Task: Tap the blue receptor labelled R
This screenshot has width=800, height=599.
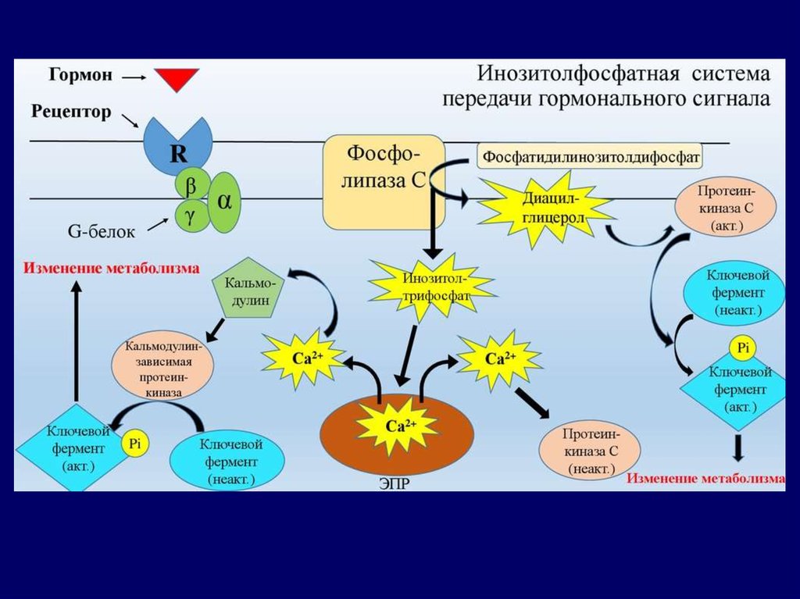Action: pyautogui.click(x=178, y=144)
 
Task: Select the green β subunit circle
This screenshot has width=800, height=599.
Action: pyautogui.click(x=189, y=186)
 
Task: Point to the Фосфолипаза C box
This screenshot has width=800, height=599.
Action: pyautogui.click(x=384, y=182)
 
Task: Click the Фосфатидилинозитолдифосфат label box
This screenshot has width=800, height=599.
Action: pyautogui.click(x=591, y=156)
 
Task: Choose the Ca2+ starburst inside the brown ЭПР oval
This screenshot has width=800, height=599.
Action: pyautogui.click(x=396, y=426)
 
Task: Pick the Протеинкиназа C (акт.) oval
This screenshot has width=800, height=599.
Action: pyautogui.click(x=727, y=209)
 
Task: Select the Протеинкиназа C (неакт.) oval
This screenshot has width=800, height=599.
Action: pyautogui.click(x=591, y=451)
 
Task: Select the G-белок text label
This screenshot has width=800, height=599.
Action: pyautogui.click(x=101, y=231)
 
